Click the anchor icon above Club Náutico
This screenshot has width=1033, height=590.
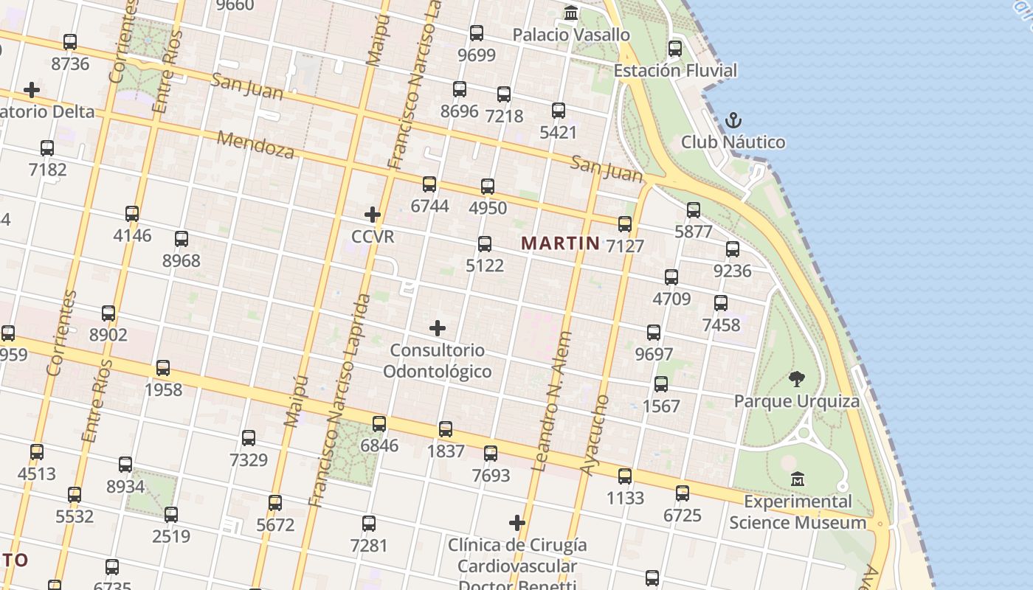pos(733,120)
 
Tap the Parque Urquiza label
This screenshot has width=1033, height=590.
pos(796,401)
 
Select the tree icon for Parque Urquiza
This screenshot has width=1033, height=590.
pos(796,379)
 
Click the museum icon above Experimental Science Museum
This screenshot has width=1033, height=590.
pos(797,479)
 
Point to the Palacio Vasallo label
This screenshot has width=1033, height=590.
pos(571,35)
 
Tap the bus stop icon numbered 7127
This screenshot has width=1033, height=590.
pos(625,223)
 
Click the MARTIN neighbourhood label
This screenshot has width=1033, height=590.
pos(560,243)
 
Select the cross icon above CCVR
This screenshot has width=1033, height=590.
pos(373,215)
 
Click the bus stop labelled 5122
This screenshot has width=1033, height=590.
pos(485,243)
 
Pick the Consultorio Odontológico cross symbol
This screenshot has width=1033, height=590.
pos(438,327)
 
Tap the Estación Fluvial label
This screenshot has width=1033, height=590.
pos(675,71)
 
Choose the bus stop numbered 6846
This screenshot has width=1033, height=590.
pos(379,423)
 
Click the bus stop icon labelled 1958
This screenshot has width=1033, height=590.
pos(163,367)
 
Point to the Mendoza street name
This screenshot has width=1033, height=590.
pos(255,145)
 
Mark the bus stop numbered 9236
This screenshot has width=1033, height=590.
pos(733,249)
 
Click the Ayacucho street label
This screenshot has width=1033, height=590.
pos(595,435)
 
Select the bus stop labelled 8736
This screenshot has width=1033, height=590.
pos(70,41)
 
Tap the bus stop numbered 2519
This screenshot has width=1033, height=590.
pos(171,514)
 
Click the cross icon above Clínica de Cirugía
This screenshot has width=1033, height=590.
pos(517,523)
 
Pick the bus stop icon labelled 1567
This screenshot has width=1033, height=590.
pos(661,384)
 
